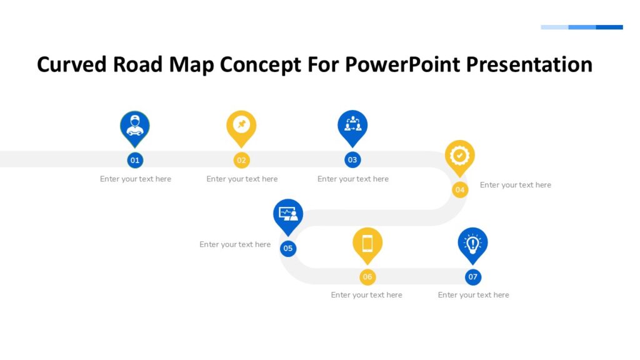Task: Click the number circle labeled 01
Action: click(135, 160)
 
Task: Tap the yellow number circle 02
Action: click(242, 160)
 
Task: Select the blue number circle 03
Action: click(352, 160)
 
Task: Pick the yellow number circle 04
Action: click(460, 189)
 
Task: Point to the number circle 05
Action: click(287, 248)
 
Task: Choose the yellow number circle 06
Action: click(367, 277)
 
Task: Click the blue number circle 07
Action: click(473, 277)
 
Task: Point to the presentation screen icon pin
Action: click(288, 214)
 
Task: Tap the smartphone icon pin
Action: click(367, 243)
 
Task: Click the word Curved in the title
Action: click(71, 64)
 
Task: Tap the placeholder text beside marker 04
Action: click(516, 185)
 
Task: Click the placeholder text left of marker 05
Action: click(235, 244)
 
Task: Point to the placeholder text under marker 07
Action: click(473, 295)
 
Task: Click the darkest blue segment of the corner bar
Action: click(609, 27)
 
